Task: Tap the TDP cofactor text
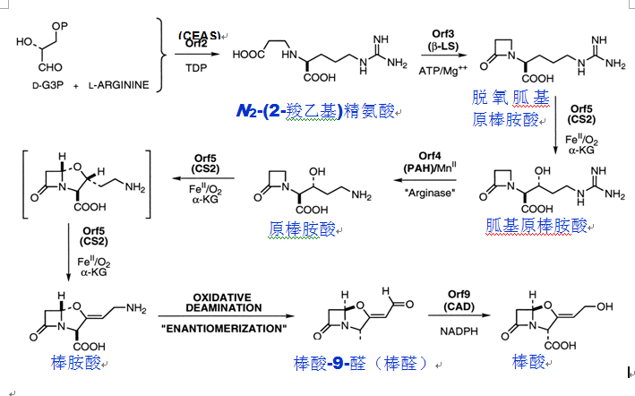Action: pyautogui.click(x=198, y=67)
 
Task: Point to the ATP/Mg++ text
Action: pyautogui.click(x=444, y=70)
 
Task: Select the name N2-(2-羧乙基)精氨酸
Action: pyautogui.click(x=316, y=110)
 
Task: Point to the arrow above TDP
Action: pyautogui.click(x=198, y=55)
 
